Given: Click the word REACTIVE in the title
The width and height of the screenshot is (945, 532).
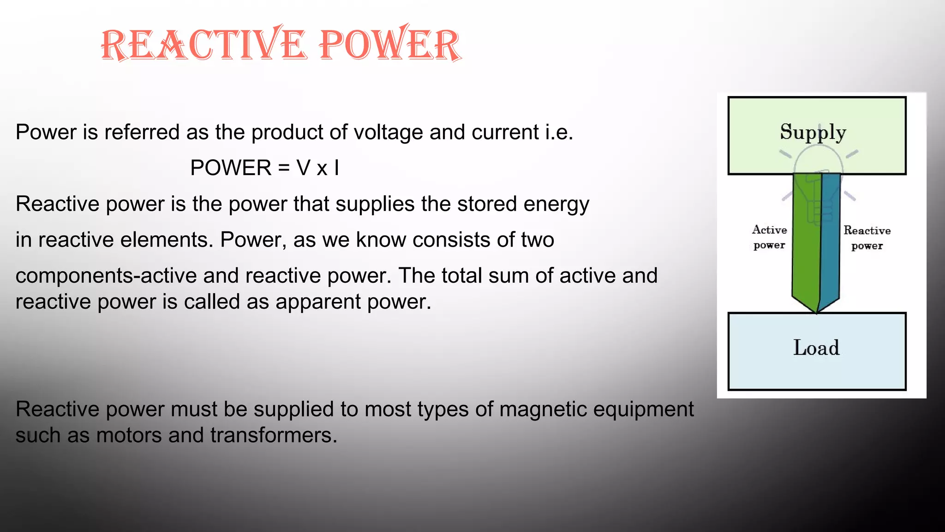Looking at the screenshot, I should (x=203, y=45).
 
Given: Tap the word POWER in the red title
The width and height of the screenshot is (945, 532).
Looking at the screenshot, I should (x=390, y=45).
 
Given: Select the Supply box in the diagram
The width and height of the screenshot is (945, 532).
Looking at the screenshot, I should (x=817, y=135).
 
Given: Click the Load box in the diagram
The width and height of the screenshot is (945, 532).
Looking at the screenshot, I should (x=817, y=351).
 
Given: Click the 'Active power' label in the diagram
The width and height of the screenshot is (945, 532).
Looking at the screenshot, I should (x=769, y=237).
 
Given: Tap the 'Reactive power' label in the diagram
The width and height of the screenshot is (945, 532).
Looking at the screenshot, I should (x=867, y=238).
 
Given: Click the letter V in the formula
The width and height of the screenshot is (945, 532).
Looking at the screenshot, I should (x=304, y=168).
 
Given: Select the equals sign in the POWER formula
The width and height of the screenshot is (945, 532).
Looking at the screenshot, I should (x=284, y=168).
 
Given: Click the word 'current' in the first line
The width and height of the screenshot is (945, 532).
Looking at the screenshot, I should (x=505, y=133).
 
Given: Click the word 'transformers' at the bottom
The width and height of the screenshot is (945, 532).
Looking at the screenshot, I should (x=274, y=435).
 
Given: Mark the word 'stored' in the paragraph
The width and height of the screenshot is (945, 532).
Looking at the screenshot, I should (x=487, y=204).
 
